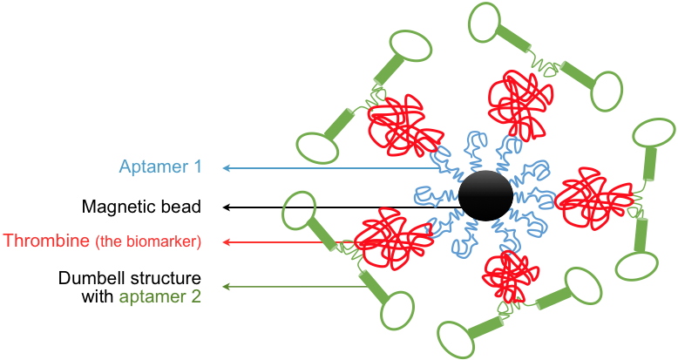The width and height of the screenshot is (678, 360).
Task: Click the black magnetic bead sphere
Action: tap(485, 196)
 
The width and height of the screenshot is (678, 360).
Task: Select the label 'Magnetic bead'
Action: tap(141, 207)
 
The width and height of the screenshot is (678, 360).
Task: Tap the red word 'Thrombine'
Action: tap(49, 241)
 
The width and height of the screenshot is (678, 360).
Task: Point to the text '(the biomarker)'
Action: tap(149, 242)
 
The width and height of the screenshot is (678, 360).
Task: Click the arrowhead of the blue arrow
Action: tap(227, 166)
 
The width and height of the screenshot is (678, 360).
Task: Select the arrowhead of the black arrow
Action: tap(227, 207)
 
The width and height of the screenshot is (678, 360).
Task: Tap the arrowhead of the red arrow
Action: tap(227, 241)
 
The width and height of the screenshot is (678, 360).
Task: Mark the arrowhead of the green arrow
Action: tap(227, 285)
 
